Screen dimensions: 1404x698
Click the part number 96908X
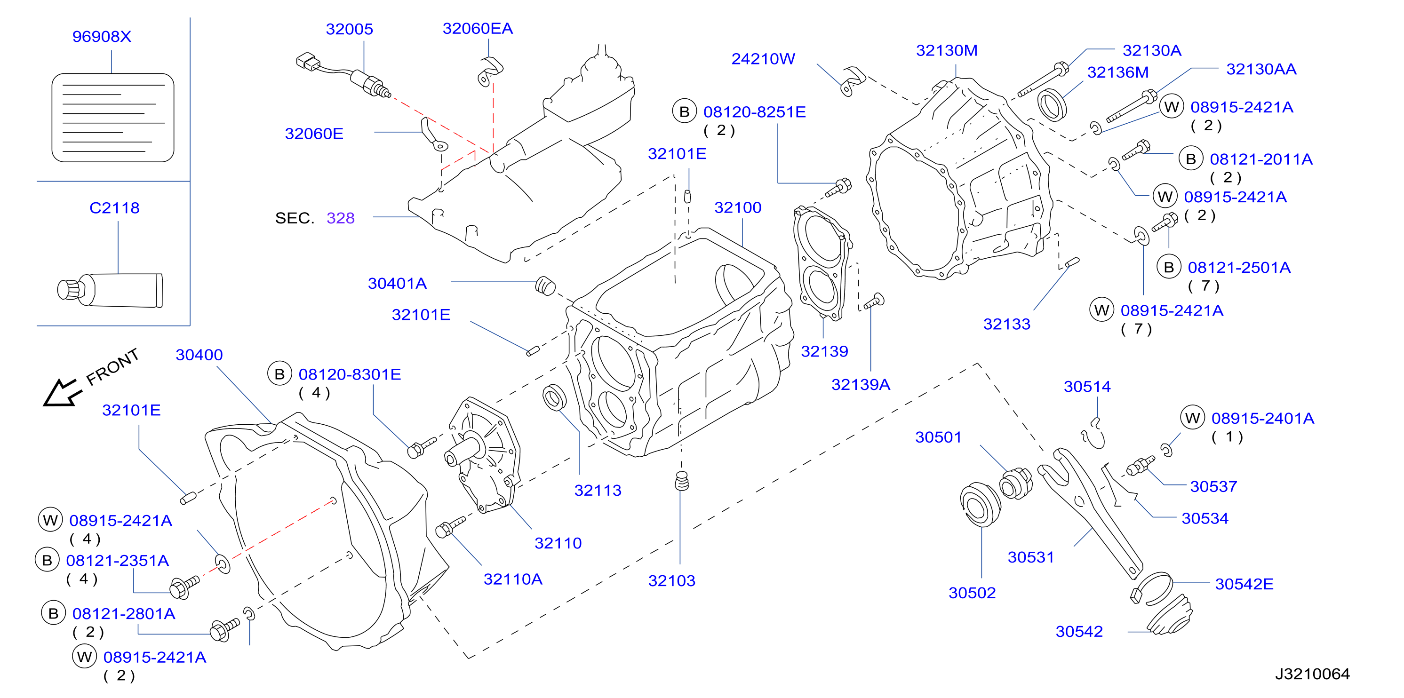click(x=102, y=37)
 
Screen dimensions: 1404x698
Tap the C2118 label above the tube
click(x=114, y=207)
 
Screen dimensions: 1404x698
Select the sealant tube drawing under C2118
click(x=110, y=290)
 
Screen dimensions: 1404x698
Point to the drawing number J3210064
click(x=1312, y=674)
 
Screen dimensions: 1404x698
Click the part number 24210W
click(x=763, y=59)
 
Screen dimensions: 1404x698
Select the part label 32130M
click(x=947, y=51)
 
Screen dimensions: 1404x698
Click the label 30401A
click(x=397, y=283)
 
